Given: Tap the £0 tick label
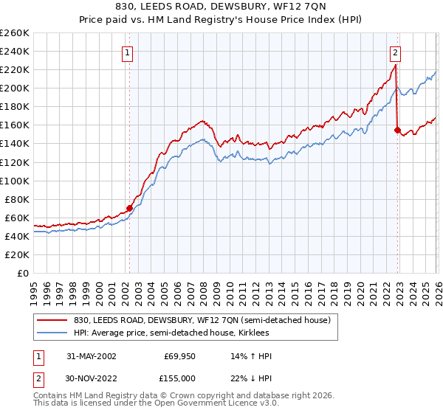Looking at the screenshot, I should coord(22,273).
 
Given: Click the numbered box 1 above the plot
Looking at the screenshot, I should coord(128,52).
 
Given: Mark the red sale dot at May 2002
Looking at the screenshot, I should coord(129,208).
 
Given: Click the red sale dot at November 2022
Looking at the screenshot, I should coord(397,130).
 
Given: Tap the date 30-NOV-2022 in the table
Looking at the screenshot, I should coord(91,377).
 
